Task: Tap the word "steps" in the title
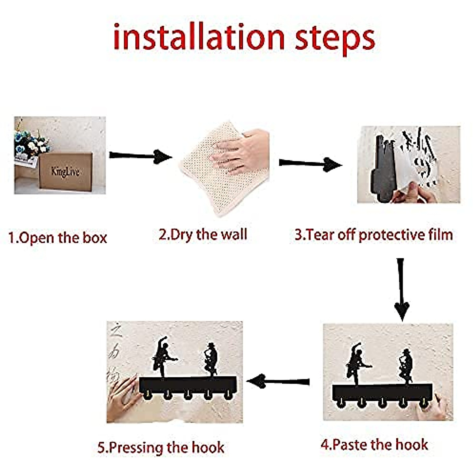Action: (335, 40)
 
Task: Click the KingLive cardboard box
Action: (66, 171)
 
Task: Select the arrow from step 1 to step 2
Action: (140, 156)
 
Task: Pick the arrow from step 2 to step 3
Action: (311, 164)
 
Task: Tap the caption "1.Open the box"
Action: (58, 238)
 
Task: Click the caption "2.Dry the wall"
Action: (203, 234)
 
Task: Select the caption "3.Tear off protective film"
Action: (374, 235)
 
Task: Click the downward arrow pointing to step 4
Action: (401, 290)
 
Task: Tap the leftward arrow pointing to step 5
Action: (278, 381)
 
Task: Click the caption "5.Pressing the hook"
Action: (161, 447)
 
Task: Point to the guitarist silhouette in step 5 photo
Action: (163, 356)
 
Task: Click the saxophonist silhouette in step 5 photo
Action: (211, 359)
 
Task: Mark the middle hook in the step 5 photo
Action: (188, 394)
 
